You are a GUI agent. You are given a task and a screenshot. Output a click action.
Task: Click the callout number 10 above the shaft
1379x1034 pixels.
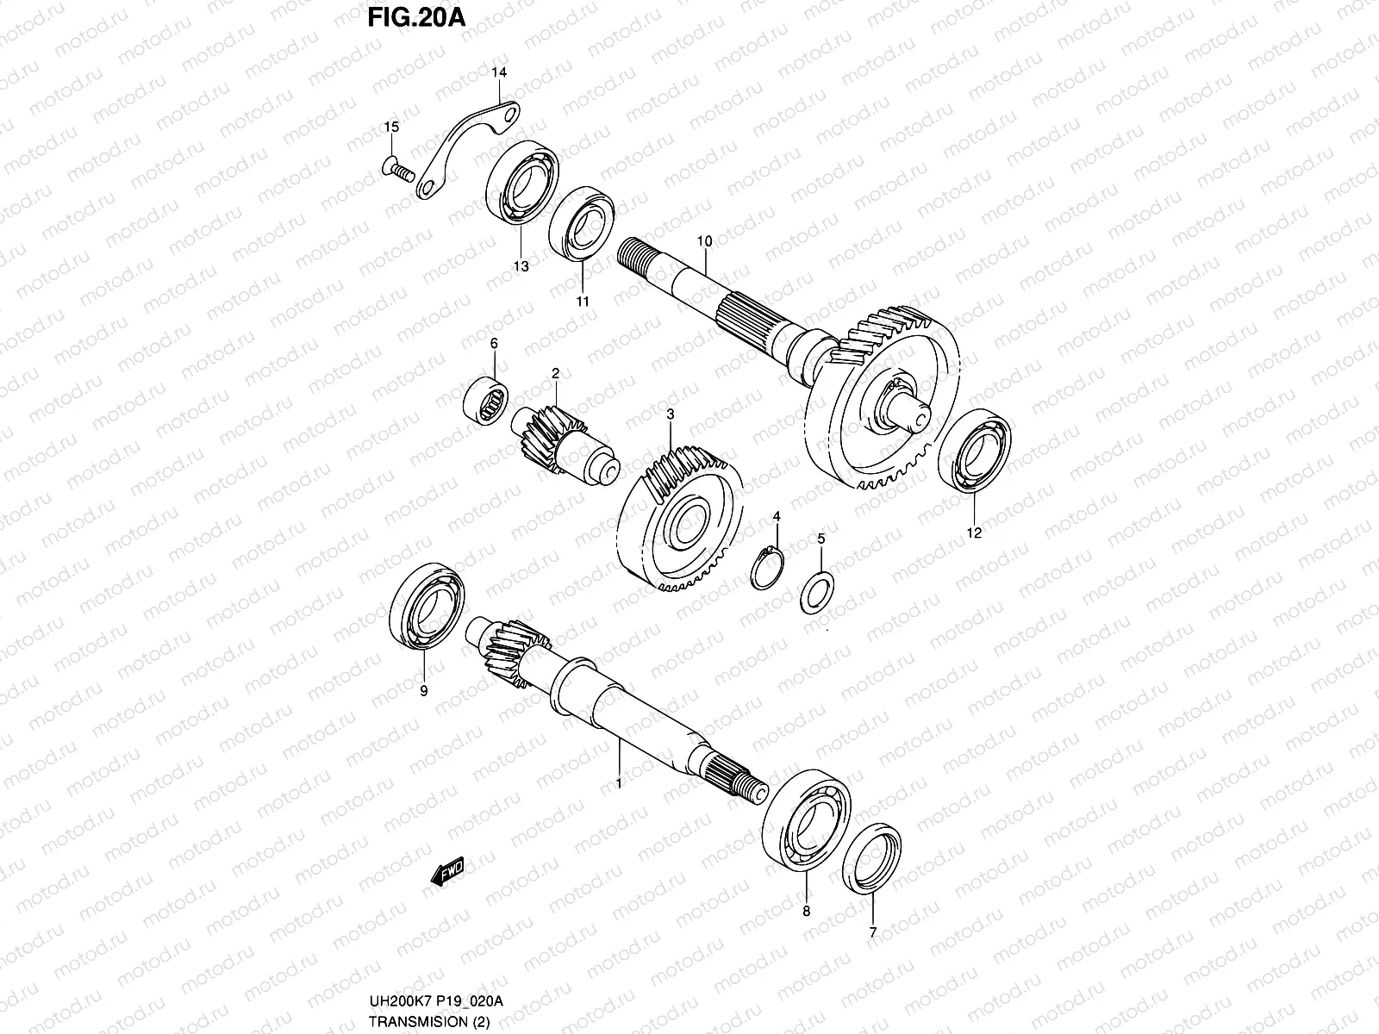tap(704, 241)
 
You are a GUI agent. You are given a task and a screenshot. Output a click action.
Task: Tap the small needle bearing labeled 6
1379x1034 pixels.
tap(487, 399)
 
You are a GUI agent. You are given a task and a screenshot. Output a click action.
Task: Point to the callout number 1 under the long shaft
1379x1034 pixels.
tap(617, 782)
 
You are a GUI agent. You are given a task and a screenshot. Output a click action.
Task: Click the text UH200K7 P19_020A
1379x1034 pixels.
tap(436, 1000)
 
